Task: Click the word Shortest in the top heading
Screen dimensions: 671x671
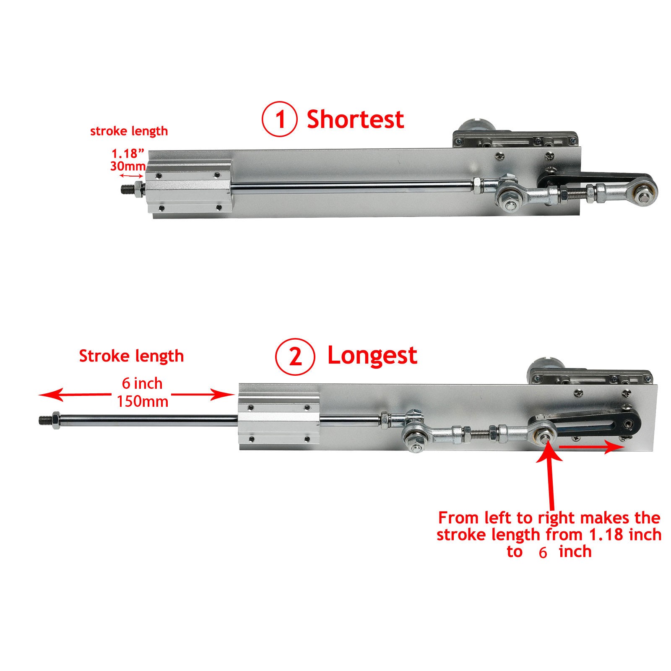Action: point(355,120)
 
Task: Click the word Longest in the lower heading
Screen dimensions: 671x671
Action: point(372,356)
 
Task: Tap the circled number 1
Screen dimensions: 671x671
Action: point(280,120)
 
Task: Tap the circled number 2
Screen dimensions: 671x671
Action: point(295,357)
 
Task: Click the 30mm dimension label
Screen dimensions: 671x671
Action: point(127,166)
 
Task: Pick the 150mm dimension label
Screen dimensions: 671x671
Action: point(143,402)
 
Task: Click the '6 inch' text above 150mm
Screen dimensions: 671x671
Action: point(142,383)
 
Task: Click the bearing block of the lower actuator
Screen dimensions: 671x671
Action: point(279,423)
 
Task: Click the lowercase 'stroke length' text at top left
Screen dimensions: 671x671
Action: point(129,131)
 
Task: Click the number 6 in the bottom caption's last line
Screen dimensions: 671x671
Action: point(543,553)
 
